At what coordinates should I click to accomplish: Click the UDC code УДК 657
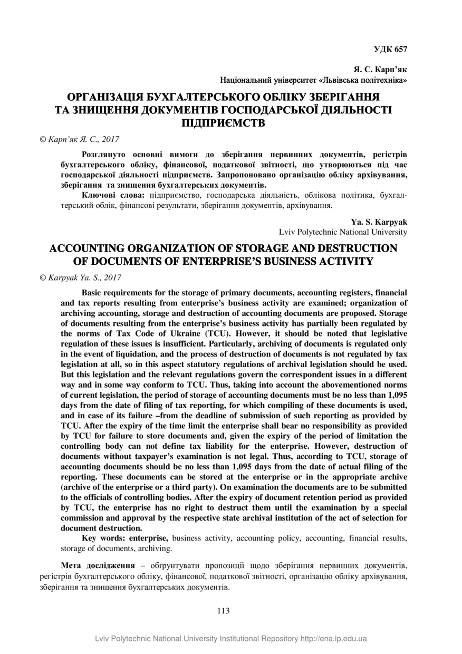(390, 49)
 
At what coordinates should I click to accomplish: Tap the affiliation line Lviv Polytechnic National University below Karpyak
(343, 232)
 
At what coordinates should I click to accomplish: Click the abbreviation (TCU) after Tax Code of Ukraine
(216, 333)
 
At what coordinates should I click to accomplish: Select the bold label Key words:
(104, 538)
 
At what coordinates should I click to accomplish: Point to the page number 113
(223, 611)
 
